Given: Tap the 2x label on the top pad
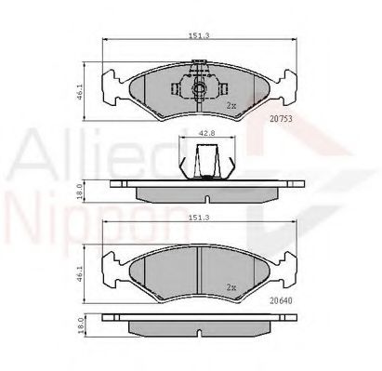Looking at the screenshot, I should pos(232,107).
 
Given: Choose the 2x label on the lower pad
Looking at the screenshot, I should pos(232,287).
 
